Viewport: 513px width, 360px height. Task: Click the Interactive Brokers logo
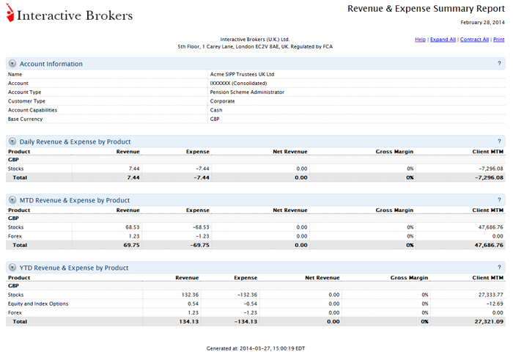70,15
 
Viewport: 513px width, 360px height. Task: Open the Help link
420,39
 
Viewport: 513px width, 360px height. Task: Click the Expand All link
443,39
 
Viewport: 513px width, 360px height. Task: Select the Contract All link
474,39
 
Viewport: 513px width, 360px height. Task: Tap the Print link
498,39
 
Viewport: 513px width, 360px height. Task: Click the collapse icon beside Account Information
12,64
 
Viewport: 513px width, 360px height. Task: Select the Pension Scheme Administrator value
247,92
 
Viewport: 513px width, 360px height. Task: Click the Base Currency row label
25,119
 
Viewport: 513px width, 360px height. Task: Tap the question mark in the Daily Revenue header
499,142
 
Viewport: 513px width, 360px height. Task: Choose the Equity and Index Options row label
38,304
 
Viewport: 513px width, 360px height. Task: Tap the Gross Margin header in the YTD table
409,278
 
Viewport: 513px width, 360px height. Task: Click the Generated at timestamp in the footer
256,348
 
